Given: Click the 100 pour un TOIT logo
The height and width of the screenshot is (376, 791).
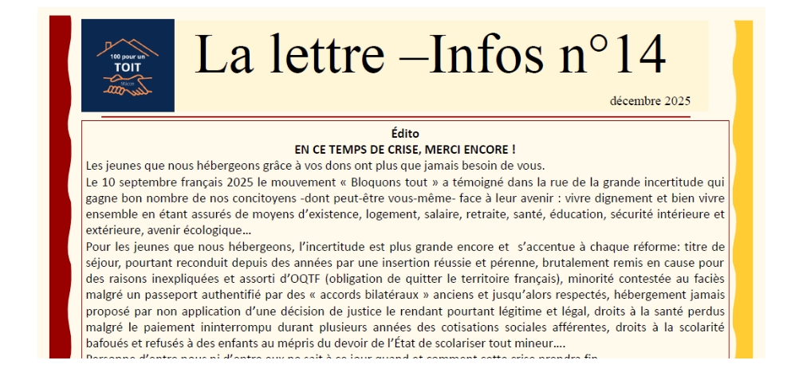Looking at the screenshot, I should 128,65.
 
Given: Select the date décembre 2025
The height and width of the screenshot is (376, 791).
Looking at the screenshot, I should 650,101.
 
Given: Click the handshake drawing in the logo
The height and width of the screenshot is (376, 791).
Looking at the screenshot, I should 128,84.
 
